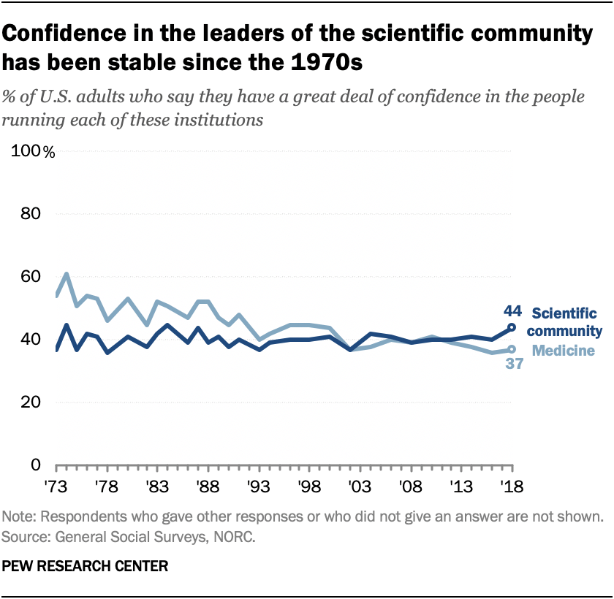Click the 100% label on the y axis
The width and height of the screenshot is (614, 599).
click(x=33, y=152)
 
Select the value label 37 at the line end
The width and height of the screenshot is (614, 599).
click(x=514, y=364)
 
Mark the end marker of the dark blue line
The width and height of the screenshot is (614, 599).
click(x=512, y=328)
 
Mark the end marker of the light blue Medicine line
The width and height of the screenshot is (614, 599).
click(x=512, y=349)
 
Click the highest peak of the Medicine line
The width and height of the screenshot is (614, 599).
click(x=67, y=274)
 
